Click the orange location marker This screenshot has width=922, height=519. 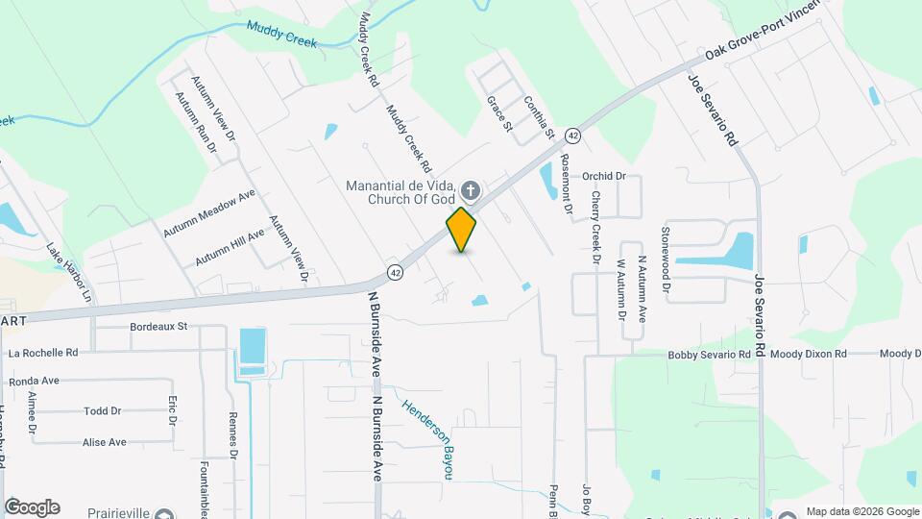(x=462, y=230)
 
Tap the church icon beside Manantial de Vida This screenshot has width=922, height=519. (x=471, y=189)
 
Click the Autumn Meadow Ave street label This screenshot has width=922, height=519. (x=208, y=214)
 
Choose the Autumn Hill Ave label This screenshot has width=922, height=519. (x=230, y=248)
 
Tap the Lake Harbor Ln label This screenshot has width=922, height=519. (x=68, y=272)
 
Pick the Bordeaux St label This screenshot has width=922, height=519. (x=158, y=327)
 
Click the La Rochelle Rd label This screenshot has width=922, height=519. (x=45, y=353)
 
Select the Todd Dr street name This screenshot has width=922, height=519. (x=103, y=410)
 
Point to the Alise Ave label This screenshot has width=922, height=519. (x=105, y=442)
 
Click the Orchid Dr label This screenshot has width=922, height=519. (x=604, y=177)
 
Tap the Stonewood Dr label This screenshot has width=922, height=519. (x=665, y=253)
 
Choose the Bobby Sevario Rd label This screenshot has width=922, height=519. (x=709, y=355)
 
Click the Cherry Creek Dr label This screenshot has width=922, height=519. (x=595, y=228)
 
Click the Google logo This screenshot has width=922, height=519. (x=32, y=507)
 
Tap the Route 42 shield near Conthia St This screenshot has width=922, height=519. (x=572, y=136)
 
